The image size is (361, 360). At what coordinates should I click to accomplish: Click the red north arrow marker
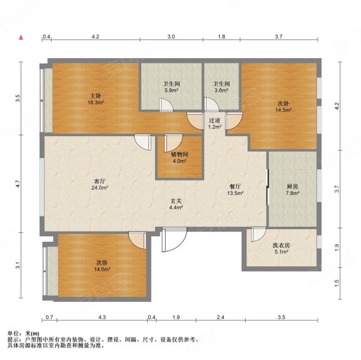pyautogui.click(x=21, y=37)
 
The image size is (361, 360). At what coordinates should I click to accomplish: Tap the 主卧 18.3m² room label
pyautogui.click(x=96, y=99)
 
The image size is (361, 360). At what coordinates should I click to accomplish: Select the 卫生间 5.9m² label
pyautogui.click(x=171, y=87)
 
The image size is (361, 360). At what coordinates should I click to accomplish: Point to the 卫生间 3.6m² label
pyautogui.click(x=221, y=87)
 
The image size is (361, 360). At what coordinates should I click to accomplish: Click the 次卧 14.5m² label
pyautogui.click(x=284, y=107)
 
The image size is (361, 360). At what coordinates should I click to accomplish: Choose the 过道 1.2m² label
pyautogui.click(x=214, y=123)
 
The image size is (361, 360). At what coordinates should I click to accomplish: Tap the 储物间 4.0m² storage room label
pyautogui.click(x=180, y=158)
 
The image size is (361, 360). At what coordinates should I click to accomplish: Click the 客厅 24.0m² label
pyautogui.click(x=100, y=184)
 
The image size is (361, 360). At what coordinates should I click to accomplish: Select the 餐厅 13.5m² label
pyautogui.click(x=235, y=190)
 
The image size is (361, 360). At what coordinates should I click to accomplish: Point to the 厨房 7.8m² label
pyautogui.click(x=293, y=190)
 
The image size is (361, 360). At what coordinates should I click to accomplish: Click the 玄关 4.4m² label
pyautogui.click(x=176, y=204)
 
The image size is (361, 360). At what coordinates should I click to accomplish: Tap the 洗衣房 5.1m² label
pyautogui.click(x=281, y=248)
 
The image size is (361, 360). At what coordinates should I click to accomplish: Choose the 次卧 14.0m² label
pyautogui.click(x=102, y=266)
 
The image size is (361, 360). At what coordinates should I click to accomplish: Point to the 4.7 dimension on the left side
pyautogui.click(x=18, y=184)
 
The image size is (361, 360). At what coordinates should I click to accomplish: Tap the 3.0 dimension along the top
pyautogui.click(x=171, y=37)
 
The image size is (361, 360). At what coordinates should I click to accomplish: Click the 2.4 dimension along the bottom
pyautogui.click(x=220, y=317)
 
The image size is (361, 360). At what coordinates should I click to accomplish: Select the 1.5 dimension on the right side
pyautogui.click(x=337, y=283)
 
